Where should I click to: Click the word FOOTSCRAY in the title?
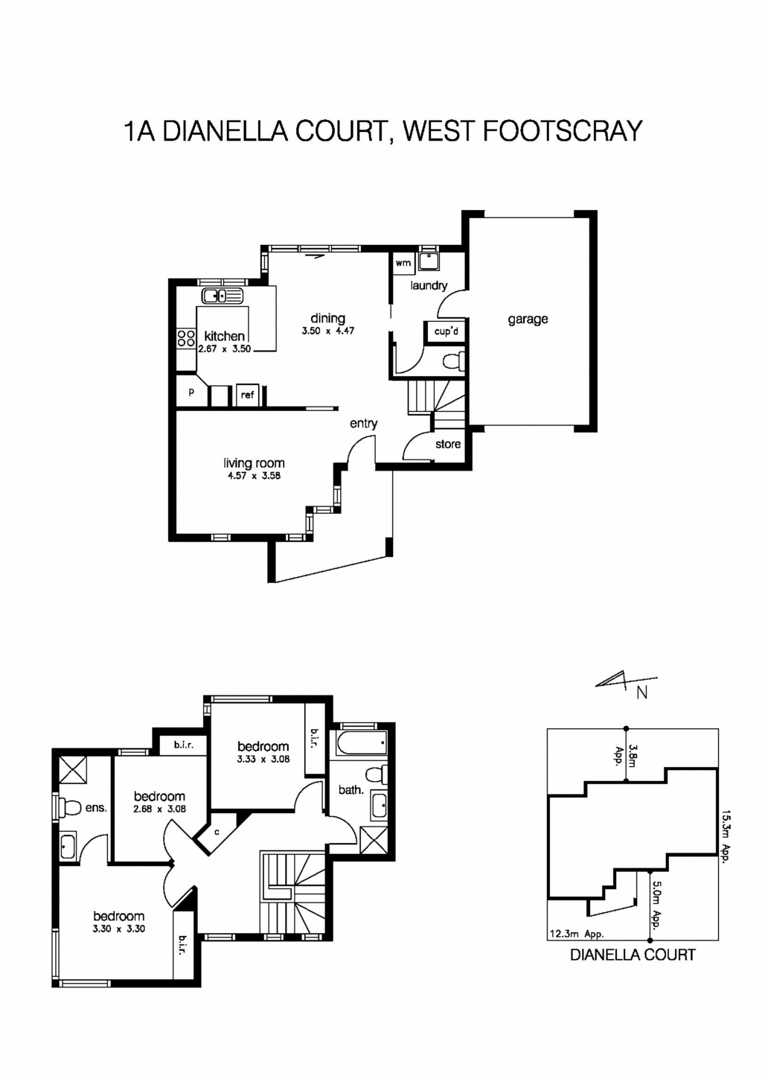coord(563,131)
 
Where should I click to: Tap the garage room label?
coord(528,319)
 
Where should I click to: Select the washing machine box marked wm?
coord(403,263)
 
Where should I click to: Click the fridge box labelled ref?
coord(247,395)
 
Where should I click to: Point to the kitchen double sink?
coord(222,296)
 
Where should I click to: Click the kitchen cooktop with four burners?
coord(185,339)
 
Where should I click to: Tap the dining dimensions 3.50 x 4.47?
coord(327,331)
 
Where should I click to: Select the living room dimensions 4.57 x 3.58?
coord(254,476)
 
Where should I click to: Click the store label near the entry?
coord(448,444)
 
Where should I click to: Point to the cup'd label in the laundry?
coord(446,331)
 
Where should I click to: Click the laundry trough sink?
coord(429,261)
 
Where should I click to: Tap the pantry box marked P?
coord(191,392)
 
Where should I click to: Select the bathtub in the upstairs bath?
coord(362,743)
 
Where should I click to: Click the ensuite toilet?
coord(70,806)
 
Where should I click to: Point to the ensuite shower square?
coord(72,769)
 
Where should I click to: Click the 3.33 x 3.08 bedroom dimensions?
coord(263,760)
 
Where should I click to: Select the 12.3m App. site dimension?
coord(576,934)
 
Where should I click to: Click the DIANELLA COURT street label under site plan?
coord(633,955)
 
